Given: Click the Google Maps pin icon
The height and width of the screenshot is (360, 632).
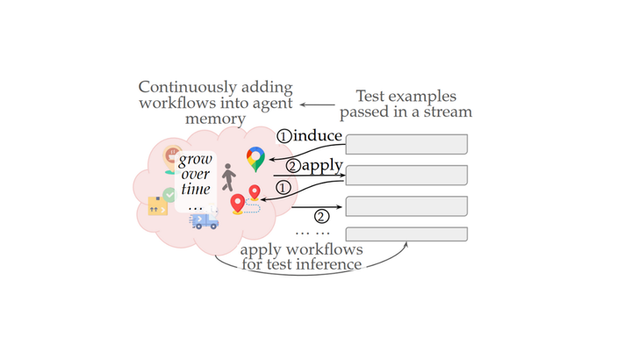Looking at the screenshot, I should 255,159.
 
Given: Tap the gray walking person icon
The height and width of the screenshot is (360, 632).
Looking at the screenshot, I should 228,178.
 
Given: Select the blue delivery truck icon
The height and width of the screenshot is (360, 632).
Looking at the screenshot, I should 205,222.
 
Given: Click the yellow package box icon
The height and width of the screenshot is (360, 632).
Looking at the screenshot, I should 158,206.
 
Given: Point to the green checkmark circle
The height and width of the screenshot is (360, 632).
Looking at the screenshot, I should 169,194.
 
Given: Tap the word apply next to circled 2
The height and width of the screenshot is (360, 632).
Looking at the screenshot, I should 323,165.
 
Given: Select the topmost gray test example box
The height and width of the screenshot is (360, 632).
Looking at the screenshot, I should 406,144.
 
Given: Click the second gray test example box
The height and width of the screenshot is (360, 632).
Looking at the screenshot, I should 406,176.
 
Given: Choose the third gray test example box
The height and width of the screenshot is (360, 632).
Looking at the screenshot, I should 406,206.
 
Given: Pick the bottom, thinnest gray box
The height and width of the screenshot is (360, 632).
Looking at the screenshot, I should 406,234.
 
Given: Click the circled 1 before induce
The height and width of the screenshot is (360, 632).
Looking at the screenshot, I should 284,137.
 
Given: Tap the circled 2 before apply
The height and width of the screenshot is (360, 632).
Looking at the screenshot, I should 293,166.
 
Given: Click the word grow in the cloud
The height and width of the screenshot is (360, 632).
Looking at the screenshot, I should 195,160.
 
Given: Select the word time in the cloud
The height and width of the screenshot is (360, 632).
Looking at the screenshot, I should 195,191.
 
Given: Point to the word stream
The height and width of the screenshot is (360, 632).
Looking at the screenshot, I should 450,112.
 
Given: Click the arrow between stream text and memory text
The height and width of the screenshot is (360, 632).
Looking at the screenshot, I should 316,104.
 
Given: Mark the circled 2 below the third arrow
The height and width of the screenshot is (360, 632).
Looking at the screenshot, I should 322,216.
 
